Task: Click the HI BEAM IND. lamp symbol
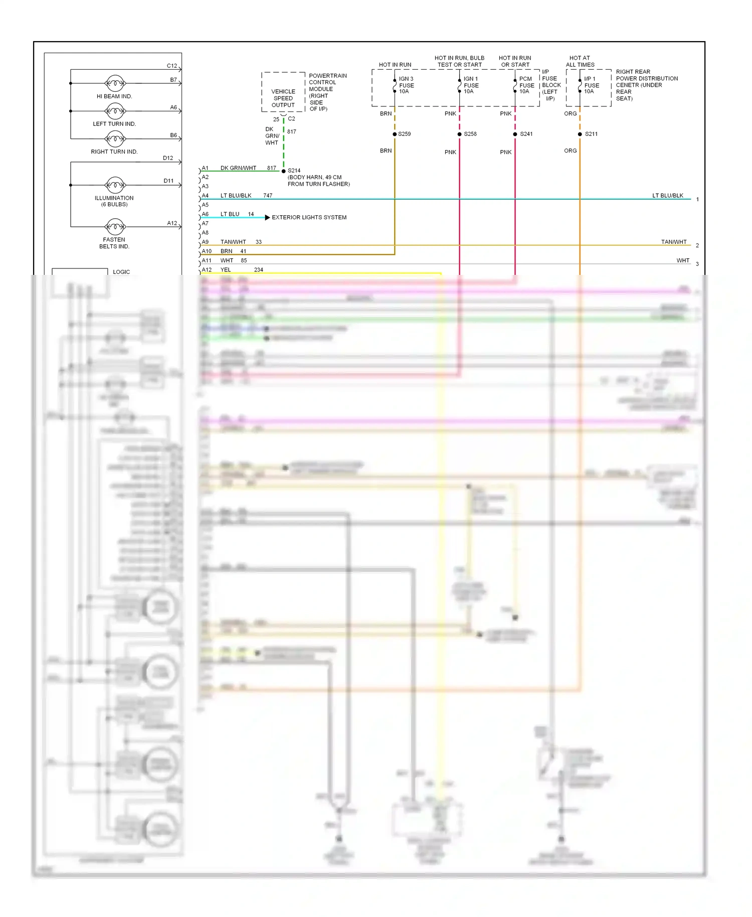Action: pyautogui.click(x=115, y=83)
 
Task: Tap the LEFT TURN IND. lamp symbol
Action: pyautogui.click(x=115, y=111)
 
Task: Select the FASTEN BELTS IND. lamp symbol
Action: pyautogui.click(x=115, y=227)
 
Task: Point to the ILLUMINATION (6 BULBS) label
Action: pyautogui.click(x=114, y=201)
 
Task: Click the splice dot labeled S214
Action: pyautogui.click(x=284, y=171)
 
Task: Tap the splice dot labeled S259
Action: pyautogui.click(x=395, y=134)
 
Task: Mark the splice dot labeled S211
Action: pyautogui.click(x=580, y=134)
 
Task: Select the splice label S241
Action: pyautogui.click(x=526, y=134)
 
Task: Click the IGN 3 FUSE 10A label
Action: pyautogui.click(x=406, y=85)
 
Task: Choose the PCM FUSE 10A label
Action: pyautogui.click(x=526, y=85)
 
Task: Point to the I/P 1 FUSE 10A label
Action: pyautogui.click(x=591, y=85)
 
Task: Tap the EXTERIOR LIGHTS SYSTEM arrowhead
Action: pyautogui.click(x=267, y=217)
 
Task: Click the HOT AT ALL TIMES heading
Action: pyautogui.click(x=580, y=61)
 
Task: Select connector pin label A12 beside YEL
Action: pyautogui.click(x=207, y=270)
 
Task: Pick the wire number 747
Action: pyautogui.click(x=268, y=196)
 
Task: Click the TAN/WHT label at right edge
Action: pyautogui.click(x=673, y=242)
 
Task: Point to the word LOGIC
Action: pyautogui.click(x=121, y=272)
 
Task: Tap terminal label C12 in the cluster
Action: pyautogui.click(x=171, y=66)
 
